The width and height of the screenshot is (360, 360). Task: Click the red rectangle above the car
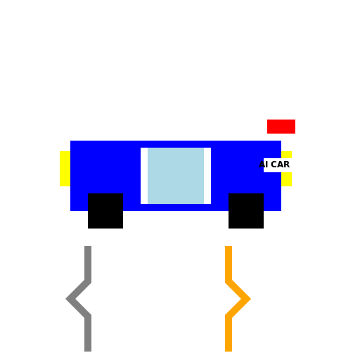click(281, 127)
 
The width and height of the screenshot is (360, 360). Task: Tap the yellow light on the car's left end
click(65, 169)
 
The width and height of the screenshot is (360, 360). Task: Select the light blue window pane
click(176, 176)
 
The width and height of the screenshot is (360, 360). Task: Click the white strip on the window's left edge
click(144, 176)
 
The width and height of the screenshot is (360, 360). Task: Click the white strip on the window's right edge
click(207, 176)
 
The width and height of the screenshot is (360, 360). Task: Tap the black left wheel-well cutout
click(105, 202)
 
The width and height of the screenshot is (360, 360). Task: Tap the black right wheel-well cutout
click(246, 202)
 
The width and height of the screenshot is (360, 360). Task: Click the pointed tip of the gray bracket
click(68, 299)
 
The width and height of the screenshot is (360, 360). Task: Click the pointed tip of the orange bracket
click(249, 299)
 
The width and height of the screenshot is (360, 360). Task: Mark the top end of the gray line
click(88, 248)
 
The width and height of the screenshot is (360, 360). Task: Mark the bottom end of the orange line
click(229, 349)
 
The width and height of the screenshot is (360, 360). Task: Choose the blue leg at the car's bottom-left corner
click(79, 202)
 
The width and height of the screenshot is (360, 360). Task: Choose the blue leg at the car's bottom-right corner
click(272, 202)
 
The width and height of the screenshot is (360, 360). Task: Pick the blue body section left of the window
click(105, 166)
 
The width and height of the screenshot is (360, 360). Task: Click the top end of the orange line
click(229, 248)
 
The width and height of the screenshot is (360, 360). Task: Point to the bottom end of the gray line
click(88, 349)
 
